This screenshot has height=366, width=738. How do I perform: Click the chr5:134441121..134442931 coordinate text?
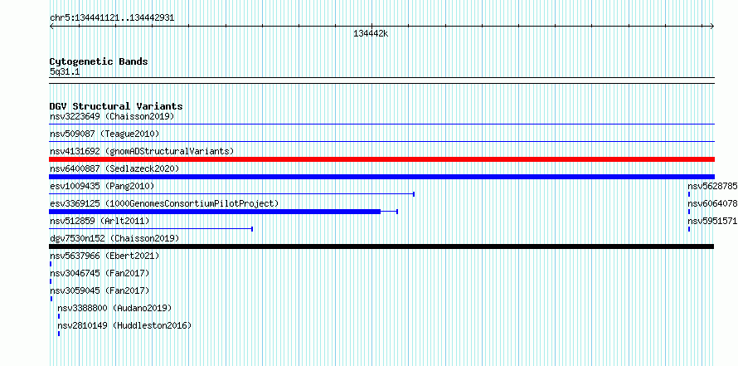(112, 18)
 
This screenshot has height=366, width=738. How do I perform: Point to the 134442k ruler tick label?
(371, 33)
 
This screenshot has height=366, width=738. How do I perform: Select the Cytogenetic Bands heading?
(99, 61)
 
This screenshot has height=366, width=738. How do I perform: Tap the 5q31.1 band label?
(65, 71)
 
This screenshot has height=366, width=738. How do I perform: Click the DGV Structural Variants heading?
(116, 106)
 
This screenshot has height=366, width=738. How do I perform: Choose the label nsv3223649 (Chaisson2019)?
(112, 116)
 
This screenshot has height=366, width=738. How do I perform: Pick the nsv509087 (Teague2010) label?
(104, 134)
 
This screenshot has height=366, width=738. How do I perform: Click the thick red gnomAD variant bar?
(381, 159)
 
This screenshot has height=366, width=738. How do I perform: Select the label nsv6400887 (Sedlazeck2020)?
(114, 168)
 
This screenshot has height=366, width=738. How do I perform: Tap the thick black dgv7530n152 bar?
(381, 246)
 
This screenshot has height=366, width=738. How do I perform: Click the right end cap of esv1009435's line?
(414, 193)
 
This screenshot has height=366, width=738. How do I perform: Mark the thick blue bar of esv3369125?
(215, 212)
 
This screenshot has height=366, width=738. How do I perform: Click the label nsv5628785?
(712, 186)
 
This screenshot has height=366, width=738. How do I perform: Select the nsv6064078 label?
(712, 203)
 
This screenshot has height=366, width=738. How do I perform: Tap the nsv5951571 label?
(712, 221)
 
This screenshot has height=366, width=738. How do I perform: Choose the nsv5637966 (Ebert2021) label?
(104, 256)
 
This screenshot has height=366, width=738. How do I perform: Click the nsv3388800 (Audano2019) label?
(114, 308)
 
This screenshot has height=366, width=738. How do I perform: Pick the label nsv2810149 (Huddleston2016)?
(124, 325)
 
